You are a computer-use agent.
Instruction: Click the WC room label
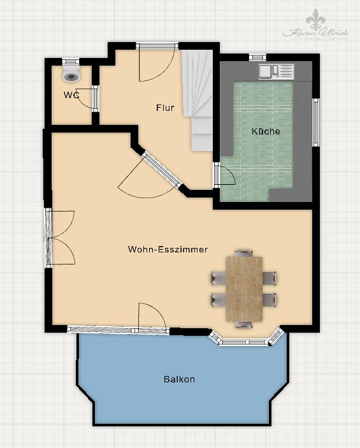[71, 95]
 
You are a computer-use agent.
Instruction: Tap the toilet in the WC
[71, 73]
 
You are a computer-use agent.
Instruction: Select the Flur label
[165, 108]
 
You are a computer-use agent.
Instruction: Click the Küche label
[266, 131]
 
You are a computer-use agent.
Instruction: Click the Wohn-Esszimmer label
[168, 249]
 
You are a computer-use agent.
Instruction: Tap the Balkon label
[179, 379]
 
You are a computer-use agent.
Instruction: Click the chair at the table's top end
[243, 254]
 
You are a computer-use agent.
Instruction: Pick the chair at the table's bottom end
[243, 324]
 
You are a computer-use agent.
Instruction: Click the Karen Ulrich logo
[317, 27]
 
